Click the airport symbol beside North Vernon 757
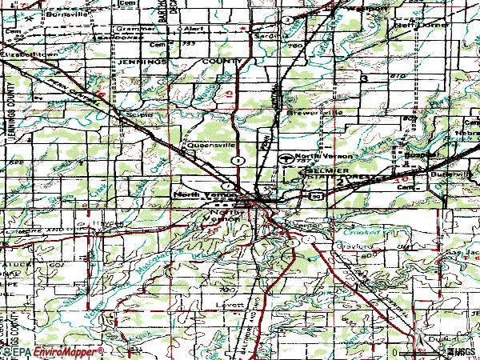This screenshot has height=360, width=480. (x=286, y=158)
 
